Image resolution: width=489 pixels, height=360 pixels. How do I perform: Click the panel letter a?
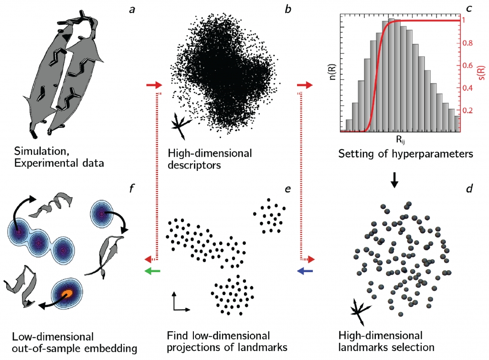click(132, 10)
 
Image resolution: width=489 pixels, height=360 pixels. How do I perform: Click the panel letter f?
click(132, 188)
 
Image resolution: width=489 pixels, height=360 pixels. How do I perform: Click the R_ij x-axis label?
click(401, 139)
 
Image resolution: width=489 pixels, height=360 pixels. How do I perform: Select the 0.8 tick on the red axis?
click(468, 43)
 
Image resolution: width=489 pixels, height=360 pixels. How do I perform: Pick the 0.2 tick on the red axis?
click(468, 111)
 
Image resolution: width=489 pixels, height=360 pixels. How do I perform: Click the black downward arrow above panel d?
click(394, 180)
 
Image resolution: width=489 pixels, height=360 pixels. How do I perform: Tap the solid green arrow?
click(153, 271)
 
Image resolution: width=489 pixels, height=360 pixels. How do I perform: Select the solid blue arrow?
click(305, 271)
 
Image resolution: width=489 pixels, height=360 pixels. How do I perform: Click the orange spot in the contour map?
click(66, 294)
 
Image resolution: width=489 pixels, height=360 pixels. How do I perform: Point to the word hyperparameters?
click(429, 154)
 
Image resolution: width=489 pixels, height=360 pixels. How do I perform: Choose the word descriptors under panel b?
click(194, 165)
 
